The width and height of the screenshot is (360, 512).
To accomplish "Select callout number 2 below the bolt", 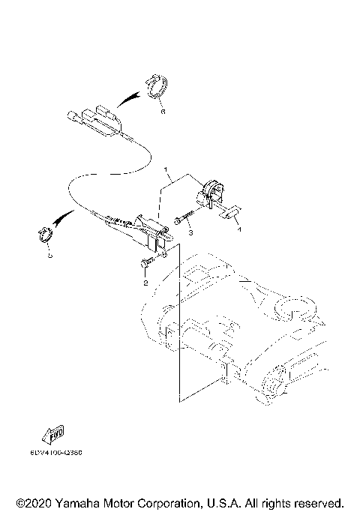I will pyautogui.click(x=145, y=283).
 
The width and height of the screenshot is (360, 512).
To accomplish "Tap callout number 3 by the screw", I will pyautogui.click(x=190, y=233).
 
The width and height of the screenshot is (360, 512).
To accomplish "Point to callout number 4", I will pyautogui.click(x=239, y=231).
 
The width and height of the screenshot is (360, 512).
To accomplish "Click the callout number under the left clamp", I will pyautogui.click(x=49, y=256).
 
